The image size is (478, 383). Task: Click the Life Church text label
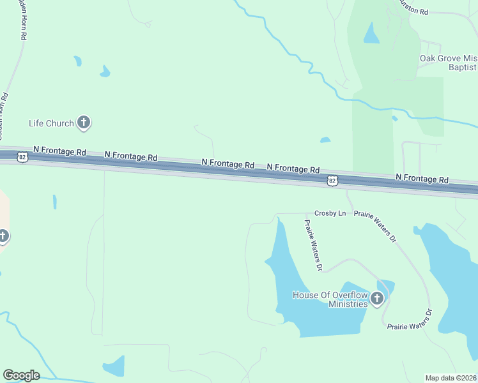coord(51,123)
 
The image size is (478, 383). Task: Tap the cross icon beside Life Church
coord(84,122)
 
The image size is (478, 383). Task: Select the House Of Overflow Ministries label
coord(330,299)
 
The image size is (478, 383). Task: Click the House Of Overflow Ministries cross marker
coord(377,298)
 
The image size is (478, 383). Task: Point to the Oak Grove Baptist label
coord(448,63)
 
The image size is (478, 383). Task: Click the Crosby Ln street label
coord(330,213)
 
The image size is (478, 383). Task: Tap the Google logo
coord(21,375)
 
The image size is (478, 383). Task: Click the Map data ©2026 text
coord(451,378)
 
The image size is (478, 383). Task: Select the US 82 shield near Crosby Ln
coord(332,181)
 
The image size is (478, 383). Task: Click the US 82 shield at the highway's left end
coord(22,156)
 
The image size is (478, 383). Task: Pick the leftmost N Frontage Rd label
coord(59,152)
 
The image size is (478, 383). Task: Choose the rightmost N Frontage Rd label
coord(422,179)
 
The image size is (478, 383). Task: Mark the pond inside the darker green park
coord(371,33)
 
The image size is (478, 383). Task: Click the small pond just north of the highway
coord(325,140)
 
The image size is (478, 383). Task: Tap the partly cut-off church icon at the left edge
coord(3,237)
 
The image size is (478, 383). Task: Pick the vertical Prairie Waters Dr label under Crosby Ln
coord(312,245)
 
